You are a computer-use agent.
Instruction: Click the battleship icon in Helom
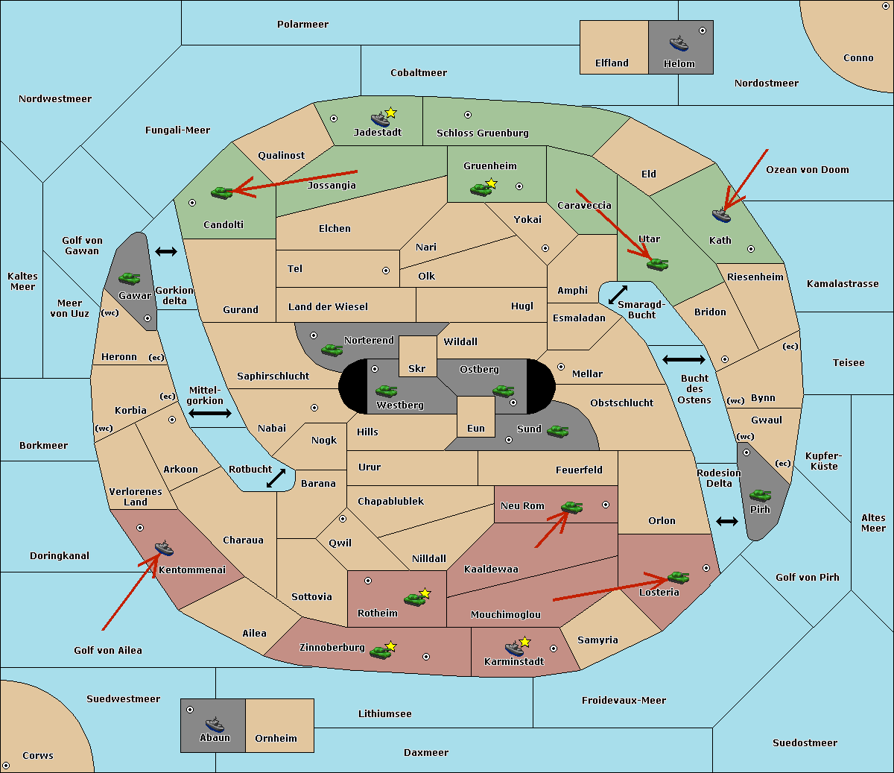(x=679, y=43)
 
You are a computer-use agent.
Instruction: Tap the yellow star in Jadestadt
(x=390, y=113)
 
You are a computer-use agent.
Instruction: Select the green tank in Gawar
(x=130, y=278)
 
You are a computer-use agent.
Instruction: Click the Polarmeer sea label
(x=302, y=25)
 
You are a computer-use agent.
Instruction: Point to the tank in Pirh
(x=760, y=496)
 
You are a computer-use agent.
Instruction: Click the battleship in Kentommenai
(x=164, y=548)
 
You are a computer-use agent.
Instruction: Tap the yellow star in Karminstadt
(x=524, y=641)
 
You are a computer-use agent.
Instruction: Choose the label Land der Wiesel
(x=328, y=306)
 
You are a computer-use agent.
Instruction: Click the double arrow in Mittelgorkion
(x=210, y=413)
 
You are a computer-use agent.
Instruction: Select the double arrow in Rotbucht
(x=276, y=479)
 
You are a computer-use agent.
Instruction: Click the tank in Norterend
(x=332, y=350)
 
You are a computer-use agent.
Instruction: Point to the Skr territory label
(x=417, y=368)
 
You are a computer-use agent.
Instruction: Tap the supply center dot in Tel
(x=386, y=271)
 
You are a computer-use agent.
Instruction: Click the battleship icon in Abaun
(x=215, y=725)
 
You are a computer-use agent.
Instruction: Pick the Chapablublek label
(x=390, y=501)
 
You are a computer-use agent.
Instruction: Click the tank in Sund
(x=557, y=432)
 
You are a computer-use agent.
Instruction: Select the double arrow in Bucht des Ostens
(x=684, y=359)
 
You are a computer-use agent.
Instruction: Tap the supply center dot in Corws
(x=6, y=766)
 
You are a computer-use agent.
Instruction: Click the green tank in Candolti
(x=221, y=192)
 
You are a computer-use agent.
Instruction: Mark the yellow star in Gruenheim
(x=491, y=183)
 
